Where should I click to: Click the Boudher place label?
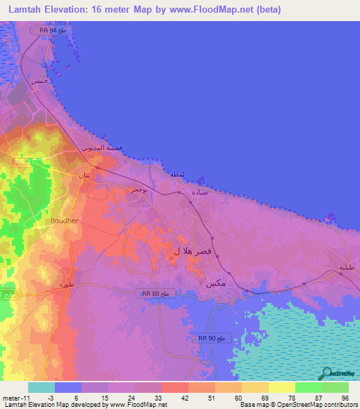tap(64, 220)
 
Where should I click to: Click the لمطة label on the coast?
tap(176, 173)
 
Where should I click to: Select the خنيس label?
tap(42, 81)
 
